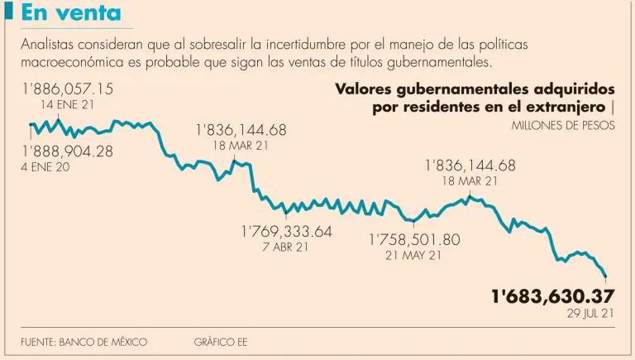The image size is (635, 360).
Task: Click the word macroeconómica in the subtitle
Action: tap(78, 62)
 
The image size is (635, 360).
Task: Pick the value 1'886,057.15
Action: tap(67, 89)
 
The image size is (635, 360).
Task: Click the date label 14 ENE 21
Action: tap(68, 105)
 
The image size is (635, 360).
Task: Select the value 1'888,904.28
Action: tap(67, 151)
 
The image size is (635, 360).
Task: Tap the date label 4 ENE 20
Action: tap(45, 167)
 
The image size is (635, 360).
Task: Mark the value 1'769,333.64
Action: tap(287, 231)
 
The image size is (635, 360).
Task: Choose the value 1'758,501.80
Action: tap(413, 239)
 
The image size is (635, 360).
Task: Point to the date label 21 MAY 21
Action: tap(413, 256)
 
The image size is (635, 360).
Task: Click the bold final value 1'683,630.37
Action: tap(553, 296)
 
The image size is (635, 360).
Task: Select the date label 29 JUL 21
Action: tap(590, 314)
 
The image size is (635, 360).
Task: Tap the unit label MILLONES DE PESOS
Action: tap(563, 127)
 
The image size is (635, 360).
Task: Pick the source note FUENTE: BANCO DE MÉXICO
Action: tap(84, 342)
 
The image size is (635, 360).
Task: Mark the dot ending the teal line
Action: tap(606, 276)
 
